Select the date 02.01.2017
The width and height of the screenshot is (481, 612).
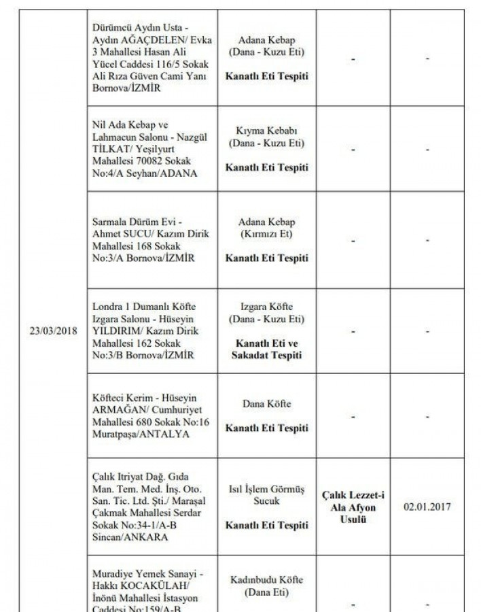427,507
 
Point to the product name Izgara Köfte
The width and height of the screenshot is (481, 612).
266,307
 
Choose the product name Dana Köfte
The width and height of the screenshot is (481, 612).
266,404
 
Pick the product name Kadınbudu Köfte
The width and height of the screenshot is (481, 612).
266,580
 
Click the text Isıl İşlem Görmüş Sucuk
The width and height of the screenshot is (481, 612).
266,494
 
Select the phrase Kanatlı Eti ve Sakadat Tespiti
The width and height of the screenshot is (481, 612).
266,350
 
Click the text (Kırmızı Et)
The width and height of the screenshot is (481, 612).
266,234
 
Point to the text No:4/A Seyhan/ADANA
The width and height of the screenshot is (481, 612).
143,173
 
